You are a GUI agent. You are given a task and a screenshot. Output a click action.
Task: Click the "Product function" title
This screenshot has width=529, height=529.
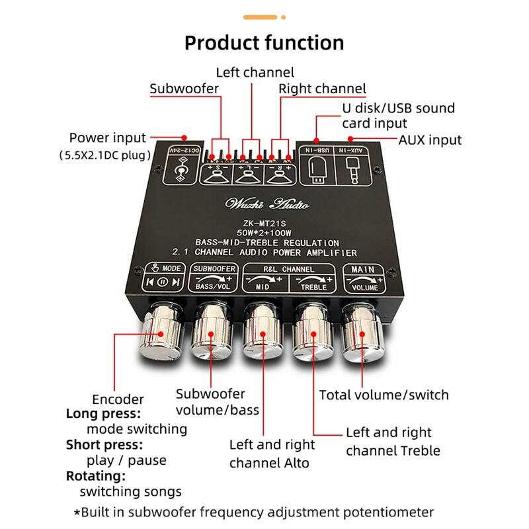pos(264,43)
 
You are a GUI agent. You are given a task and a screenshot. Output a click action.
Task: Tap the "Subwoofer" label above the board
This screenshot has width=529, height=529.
pos(183,89)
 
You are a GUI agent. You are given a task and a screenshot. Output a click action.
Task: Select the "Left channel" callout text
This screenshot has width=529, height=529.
pos(255,71)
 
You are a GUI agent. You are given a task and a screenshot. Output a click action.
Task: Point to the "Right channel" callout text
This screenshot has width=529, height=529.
pos(322,88)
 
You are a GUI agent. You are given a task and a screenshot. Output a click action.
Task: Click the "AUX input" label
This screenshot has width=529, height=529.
pos(430,140)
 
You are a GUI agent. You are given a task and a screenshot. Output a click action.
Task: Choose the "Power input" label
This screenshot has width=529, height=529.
pos(107,138)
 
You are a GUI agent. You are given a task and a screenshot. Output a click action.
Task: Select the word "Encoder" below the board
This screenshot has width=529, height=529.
pos(118,399)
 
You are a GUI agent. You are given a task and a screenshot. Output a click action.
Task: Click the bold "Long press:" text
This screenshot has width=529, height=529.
pos(103,414)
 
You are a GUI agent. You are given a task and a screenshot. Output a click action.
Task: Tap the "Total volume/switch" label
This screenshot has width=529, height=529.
pos(384,395)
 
